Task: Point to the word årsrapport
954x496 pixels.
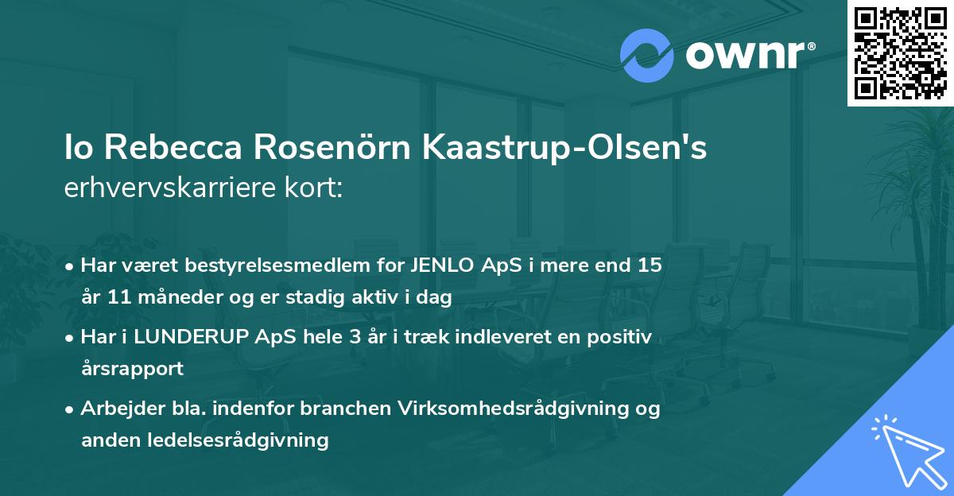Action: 132,369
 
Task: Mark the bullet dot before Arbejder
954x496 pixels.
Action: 71,409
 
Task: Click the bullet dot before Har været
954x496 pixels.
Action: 71,266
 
